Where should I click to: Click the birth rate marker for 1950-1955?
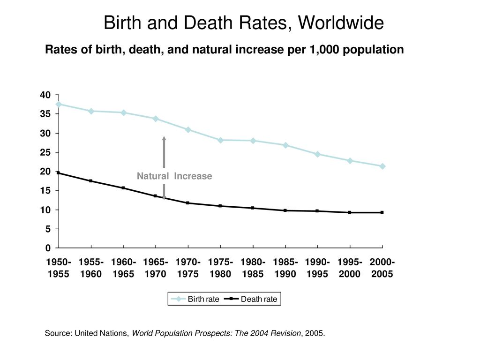tap(59, 104)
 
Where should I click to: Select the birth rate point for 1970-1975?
tap(188, 129)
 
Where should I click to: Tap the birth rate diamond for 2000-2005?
tap(382, 166)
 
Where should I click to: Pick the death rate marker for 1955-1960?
tap(91, 181)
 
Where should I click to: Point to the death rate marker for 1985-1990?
tap(285, 210)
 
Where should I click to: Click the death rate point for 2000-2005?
tap(382, 212)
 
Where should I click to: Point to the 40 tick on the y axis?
tap(45, 95)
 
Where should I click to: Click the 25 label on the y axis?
tap(45, 153)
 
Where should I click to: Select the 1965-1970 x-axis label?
tap(156, 268)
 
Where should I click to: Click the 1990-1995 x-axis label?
tap(318, 268)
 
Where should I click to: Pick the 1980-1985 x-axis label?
tap(253, 268)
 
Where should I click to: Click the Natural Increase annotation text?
tap(174, 176)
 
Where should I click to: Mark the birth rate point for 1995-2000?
tap(350, 161)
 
